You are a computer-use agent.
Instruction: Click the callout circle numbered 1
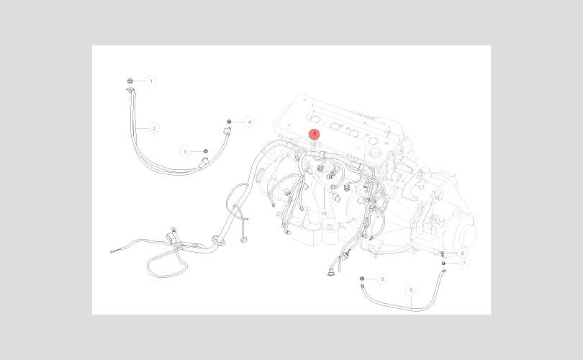click(x=151, y=81)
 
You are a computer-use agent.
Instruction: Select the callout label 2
click(x=154, y=128)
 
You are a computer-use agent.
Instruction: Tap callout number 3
click(x=185, y=151)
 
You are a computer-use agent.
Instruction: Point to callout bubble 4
click(x=249, y=122)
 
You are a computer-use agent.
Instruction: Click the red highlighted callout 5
click(x=315, y=134)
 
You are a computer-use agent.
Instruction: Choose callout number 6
click(x=462, y=253)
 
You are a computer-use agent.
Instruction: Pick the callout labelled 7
click(x=464, y=264)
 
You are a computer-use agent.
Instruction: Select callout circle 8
click(x=411, y=291)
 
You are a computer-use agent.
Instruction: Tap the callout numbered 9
click(x=381, y=279)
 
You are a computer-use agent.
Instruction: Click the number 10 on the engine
click(x=324, y=214)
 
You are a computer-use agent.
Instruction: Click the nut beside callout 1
click(x=127, y=81)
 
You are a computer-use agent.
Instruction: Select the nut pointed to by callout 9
click(x=361, y=278)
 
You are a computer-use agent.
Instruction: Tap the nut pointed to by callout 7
click(x=445, y=263)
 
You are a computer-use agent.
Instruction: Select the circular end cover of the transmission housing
click(x=469, y=233)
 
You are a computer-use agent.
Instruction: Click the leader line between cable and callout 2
click(x=143, y=128)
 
